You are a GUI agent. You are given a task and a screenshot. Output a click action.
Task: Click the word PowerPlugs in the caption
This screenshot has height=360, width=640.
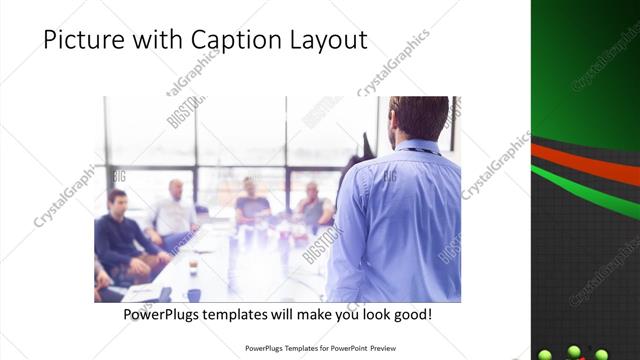(x=165, y=314)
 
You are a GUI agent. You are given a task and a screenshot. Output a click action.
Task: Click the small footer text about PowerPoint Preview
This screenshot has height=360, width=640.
(x=319, y=349)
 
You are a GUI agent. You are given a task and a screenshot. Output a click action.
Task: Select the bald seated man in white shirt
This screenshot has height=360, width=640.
(x=174, y=210)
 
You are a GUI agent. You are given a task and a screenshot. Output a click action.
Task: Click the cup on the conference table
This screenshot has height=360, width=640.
(x=193, y=267)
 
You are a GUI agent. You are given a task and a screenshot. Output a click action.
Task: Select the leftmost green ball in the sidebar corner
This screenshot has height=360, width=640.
(x=546, y=354)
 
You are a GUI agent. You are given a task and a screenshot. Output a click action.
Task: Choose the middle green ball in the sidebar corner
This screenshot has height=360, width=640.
(x=574, y=351)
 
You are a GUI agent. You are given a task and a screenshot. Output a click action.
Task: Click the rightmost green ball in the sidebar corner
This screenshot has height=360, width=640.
(x=602, y=354)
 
